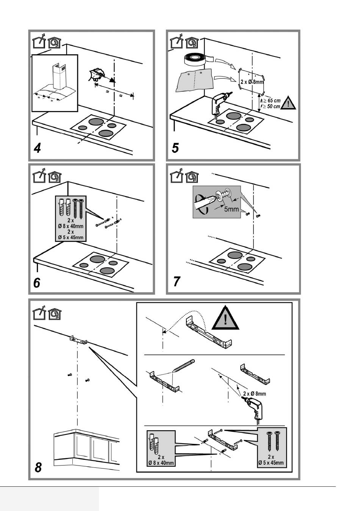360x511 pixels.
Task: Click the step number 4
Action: tap(37, 148)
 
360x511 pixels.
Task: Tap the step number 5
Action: tap(175, 148)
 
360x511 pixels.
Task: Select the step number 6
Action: tap(37, 283)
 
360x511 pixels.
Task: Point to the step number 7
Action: tap(177, 282)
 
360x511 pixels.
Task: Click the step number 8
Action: tap(38, 467)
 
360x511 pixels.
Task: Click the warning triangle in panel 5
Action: tap(288, 103)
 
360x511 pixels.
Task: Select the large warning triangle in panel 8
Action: tap(225, 318)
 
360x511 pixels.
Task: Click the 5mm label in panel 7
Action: tap(231, 209)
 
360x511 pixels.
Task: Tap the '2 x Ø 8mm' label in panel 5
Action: tap(252, 82)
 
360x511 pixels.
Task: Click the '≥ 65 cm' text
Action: tap(272, 100)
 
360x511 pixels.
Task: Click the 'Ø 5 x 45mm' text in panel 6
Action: tap(71, 238)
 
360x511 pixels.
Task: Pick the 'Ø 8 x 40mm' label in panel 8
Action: tap(161, 463)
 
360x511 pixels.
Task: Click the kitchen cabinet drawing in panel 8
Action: tap(86, 447)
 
